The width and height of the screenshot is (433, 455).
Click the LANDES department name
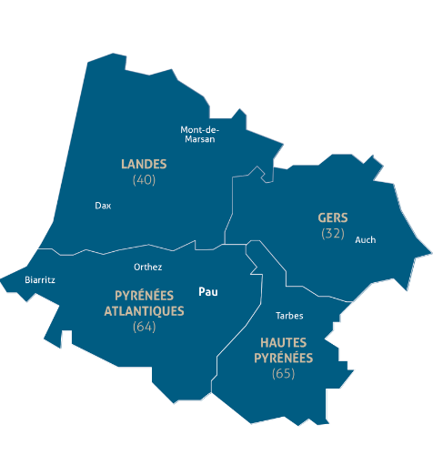[x=144, y=164]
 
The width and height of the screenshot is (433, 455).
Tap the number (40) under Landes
[x=144, y=180]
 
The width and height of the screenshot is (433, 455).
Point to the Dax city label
[x=103, y=206]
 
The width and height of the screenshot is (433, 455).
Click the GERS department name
[x=333, y=217]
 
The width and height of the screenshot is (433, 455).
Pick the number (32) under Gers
[x=333, y=234]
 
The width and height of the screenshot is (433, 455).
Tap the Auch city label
[x=365, y=240]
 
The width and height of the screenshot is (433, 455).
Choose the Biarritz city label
[x=40, y=280]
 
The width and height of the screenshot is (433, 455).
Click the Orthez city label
[x=147, y=268]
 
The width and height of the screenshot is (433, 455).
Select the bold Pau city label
[x=209, y=292]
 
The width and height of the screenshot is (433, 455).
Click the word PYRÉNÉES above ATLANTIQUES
[x=145, y=296]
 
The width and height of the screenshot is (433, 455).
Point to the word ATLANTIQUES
[x=144, y=310]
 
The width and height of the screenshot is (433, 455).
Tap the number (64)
[x=144, y=326]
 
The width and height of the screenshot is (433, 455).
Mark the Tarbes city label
[x=288, y=317]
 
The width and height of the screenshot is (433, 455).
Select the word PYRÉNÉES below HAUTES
[x=283, y=358]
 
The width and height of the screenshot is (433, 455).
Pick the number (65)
[x=284, y=374]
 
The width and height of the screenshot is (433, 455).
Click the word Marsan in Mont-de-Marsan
[x=199, y=139]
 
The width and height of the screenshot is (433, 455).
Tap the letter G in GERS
[x=321, y=217]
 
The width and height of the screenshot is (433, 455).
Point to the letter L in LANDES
[x=125, y=164]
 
